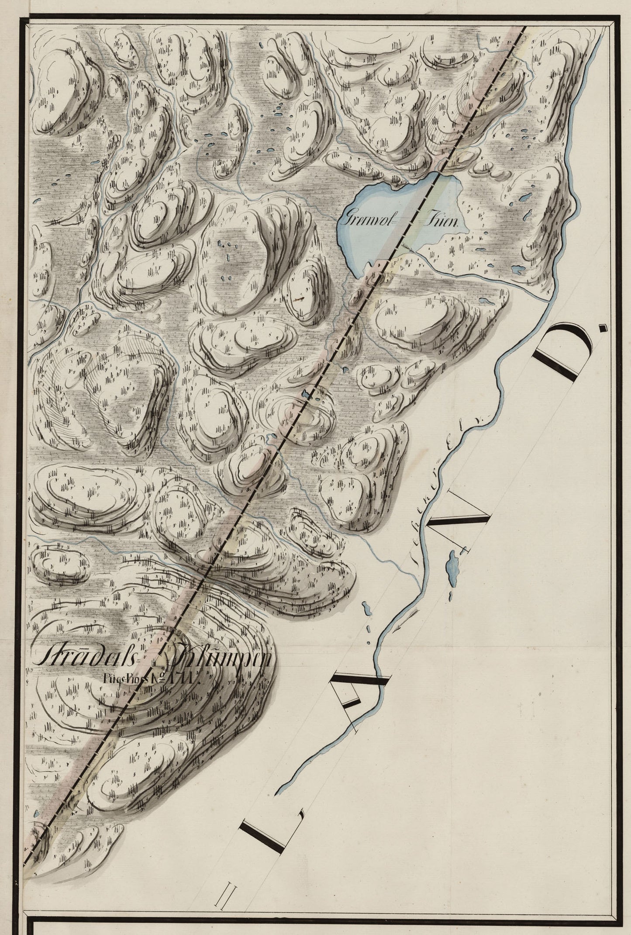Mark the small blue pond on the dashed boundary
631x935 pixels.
pos(309,395)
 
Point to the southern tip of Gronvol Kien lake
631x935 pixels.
pos(358,276)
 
